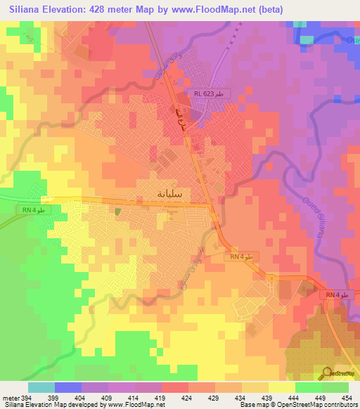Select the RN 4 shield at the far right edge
pos(337,296)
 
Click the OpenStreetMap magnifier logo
pos(326,373)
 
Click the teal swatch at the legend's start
pos(41,387)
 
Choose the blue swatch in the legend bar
pos(68,387)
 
